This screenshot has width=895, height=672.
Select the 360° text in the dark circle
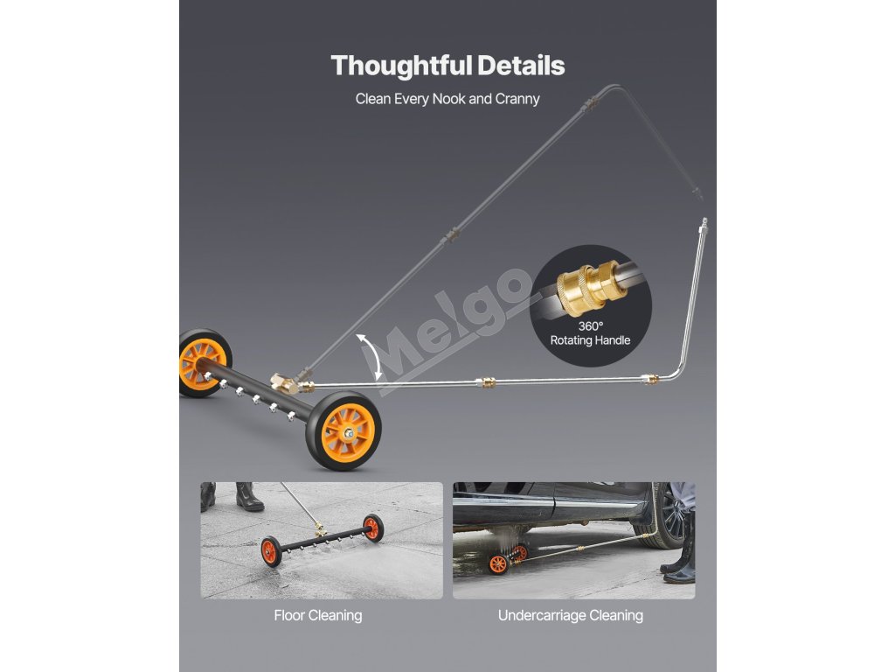click(591, 325)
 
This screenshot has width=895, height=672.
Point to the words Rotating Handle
click(591, 340)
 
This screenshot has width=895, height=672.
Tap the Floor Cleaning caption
click(318, 615)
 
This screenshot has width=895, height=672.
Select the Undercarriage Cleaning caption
click(570, 615)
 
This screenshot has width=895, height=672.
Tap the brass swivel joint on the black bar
click(285, 382)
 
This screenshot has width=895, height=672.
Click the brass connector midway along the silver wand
click(483, 382)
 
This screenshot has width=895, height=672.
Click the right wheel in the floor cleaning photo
click(373, 527)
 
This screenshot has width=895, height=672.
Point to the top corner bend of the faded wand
click(617, 87)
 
